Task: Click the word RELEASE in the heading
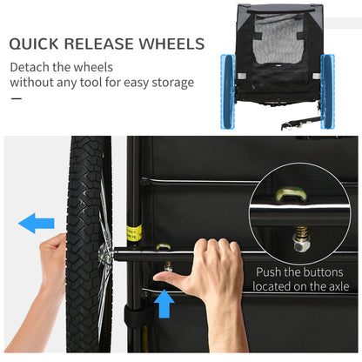pos(98,44)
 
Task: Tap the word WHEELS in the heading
pos(171,44)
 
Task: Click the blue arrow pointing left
pos(37,223)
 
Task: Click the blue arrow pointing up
pos(164,304)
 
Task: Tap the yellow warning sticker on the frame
pos(134,233)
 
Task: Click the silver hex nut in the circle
pos(301,245)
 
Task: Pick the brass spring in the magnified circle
pos(302,232)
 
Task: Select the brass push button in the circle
pos(291,195)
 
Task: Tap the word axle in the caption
pos(339,286)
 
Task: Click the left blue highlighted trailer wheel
pos(228,91)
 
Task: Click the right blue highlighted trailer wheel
pos(327,91)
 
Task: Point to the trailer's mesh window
pos(278,39)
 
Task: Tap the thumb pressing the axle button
pos(168,278)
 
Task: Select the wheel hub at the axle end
pos(104,251)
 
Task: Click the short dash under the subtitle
pos(17,98)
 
